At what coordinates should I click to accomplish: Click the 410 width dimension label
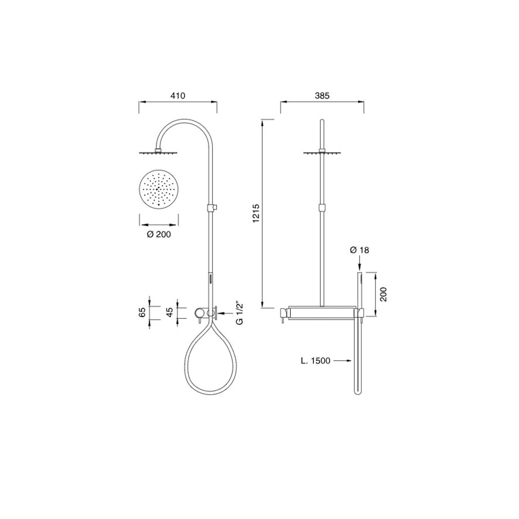click(178, 96)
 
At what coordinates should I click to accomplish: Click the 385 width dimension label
click(322, 96)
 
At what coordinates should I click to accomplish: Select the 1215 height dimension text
click(256, 213)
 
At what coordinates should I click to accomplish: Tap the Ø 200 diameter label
click(159, 234)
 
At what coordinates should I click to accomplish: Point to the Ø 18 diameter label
click(360, 250)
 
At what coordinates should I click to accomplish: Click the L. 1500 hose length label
click(316, 361)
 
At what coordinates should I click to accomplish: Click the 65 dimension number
click(142, 312)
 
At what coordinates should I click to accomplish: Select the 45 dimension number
click(169, 312)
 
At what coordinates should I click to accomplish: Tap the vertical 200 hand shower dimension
click(383, 294)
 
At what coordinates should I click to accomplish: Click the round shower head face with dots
click(159, 190)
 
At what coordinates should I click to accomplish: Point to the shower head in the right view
click(322, 152)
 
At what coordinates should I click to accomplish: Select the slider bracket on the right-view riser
click(322, 207)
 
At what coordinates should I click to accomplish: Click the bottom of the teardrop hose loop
click(211, 394)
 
